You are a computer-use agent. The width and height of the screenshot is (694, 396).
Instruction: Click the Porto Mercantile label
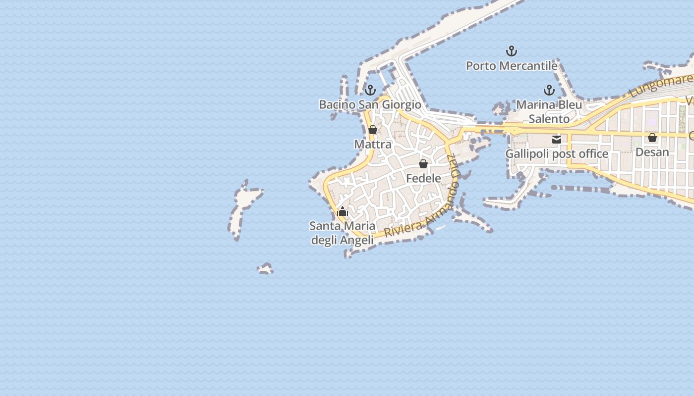click(512, 66)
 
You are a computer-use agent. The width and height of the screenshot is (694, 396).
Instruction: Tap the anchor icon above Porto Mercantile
click(511, 51)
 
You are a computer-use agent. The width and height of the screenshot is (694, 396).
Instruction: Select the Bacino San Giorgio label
click(370, 104)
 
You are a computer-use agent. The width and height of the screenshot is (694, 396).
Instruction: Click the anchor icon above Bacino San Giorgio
click(370, 90)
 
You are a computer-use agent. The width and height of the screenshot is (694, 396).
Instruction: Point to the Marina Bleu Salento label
click(549, 112)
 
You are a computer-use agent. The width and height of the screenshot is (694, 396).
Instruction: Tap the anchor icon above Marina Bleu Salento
click(549, 90)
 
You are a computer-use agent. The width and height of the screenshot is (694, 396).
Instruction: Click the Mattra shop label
click(373, 145)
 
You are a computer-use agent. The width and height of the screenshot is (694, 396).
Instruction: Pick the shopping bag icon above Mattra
click(373, 130)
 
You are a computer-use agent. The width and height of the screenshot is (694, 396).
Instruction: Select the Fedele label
click(423, 178)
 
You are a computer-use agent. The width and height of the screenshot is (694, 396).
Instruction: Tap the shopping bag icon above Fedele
click(423, 164)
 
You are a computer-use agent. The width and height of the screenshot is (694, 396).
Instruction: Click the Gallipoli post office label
click(557, 154)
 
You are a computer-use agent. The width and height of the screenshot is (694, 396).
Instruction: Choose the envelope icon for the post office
click(557, 140)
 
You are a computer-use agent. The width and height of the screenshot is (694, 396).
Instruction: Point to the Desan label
click(652, 152)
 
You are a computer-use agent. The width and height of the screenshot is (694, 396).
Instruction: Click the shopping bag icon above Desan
click(652, 138)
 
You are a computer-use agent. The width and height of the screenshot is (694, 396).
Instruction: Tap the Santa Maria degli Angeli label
click(342, 233)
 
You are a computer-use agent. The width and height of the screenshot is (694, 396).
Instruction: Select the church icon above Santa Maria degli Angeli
click(343, 212)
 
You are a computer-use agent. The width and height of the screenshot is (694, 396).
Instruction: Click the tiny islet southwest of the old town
click(265, 269)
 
